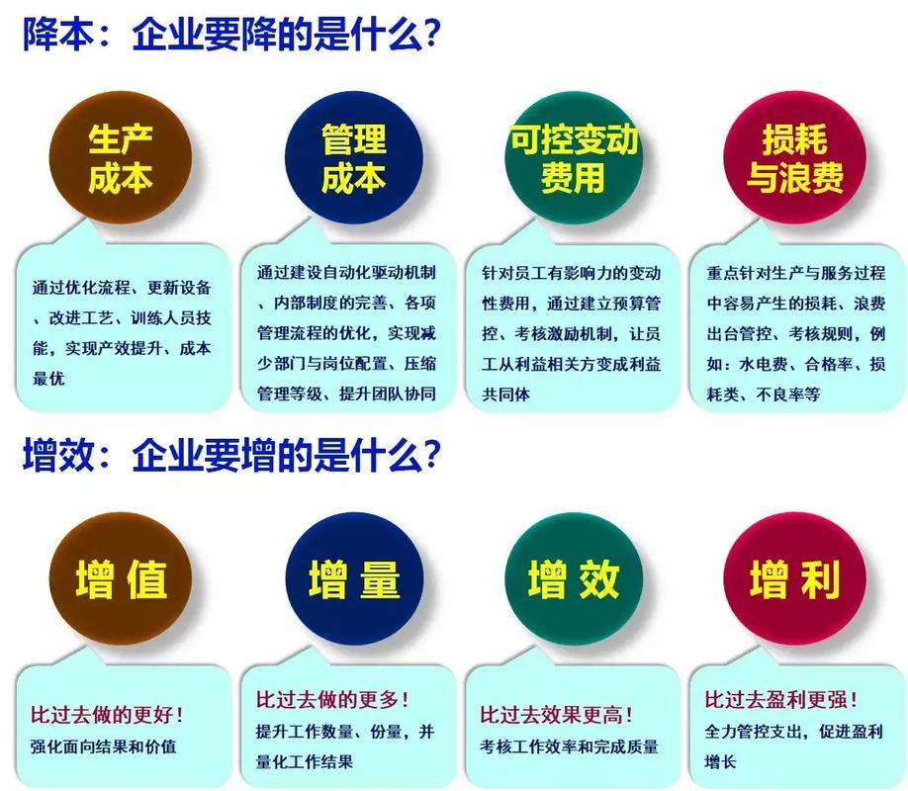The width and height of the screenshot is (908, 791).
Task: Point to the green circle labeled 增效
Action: [x=574, y=580]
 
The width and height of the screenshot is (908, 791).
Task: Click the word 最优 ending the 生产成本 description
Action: [x=48, y=378]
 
